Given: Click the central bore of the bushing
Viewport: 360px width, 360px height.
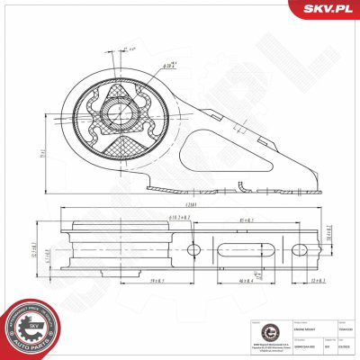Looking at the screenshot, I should pyautogui.click(x=119, y=114).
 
